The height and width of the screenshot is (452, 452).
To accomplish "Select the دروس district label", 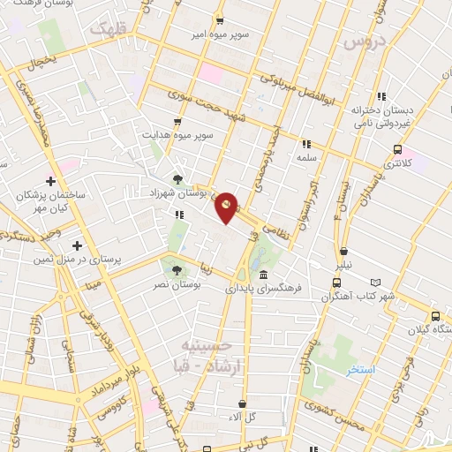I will tap(365, 42).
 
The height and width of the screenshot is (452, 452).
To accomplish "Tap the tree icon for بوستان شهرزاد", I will tap(179, 179).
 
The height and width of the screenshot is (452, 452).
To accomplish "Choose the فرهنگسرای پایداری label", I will tap(263, 288).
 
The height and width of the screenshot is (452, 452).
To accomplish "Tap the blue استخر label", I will tap(361, 370).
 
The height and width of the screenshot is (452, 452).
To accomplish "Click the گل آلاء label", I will tap(240, 417).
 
